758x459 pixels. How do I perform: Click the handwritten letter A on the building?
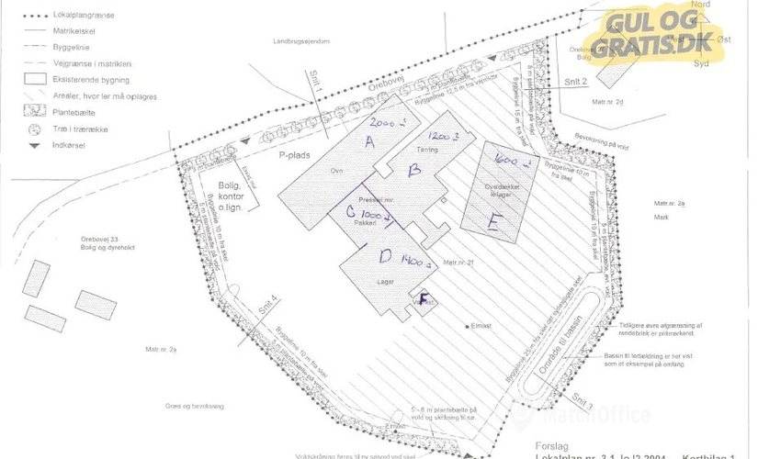tap(370, 141)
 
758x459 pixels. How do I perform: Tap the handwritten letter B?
tap(414, 171)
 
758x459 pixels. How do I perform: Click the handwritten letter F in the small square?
tap(424, 297)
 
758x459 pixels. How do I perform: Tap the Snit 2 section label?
tap(576, 82)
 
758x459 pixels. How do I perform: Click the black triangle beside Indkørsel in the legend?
tap(34, 146)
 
